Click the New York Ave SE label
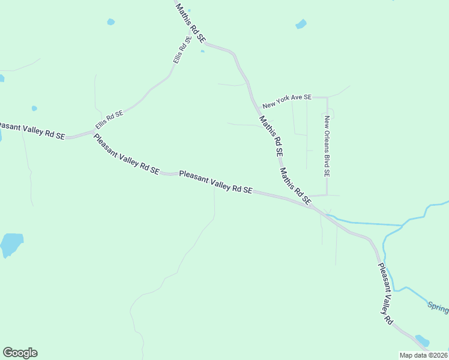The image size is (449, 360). [x=288, y=97]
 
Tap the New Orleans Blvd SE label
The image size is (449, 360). [x=327, y=146]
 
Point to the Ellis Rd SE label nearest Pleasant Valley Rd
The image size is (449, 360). [x=109, y=120]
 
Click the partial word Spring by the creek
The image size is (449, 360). [x=438, y=307]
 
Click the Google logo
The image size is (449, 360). [x=20, y=353]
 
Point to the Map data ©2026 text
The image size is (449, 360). [x=424, y=355]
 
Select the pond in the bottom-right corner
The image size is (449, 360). [x=422, y=340]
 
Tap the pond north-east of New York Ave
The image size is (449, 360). [x=301, y=25]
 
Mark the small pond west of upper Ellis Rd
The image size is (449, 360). [x=110, y=22]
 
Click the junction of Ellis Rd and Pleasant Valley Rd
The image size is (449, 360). [x=94, y=131]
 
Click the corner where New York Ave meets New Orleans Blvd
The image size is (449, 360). [x=327, y=97]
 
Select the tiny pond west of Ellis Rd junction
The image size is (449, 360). [x=34, y=109]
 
